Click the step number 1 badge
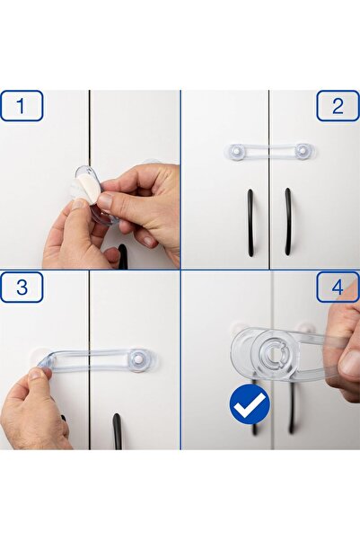click(x=22, y=106)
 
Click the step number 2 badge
click(x=338, y=106)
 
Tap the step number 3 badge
click(x=22, y=288)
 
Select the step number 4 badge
click(x=338, y=288)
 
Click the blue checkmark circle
click(x=250, y=404)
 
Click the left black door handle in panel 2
click(x=250, y=222)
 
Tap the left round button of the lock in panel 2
click(x=236, y=151)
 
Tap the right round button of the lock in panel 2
click(x=303, y=151)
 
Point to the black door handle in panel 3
click(x=117, y=430)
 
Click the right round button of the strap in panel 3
click(x=139, y=359)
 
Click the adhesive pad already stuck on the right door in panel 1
click(x=150, y=166)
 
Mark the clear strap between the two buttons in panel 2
click(x=269, y=151)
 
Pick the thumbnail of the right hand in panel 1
click(x=106, y=200)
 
